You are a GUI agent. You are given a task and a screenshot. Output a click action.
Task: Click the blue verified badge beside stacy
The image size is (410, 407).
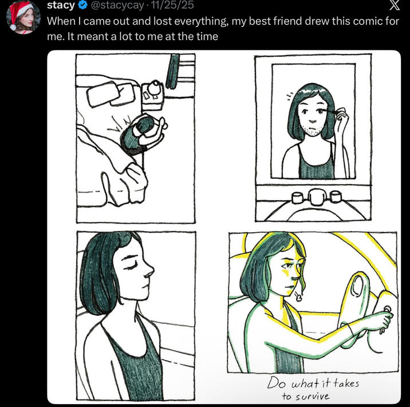[83, 6]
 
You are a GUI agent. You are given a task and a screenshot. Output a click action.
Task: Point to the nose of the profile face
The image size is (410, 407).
[152, 269]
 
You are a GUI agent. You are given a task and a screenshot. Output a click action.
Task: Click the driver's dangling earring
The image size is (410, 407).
[298, 296]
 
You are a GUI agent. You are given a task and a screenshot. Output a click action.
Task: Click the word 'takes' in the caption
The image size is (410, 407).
[346, 382]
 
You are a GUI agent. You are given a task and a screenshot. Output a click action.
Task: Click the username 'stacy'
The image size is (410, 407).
[60, 6]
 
